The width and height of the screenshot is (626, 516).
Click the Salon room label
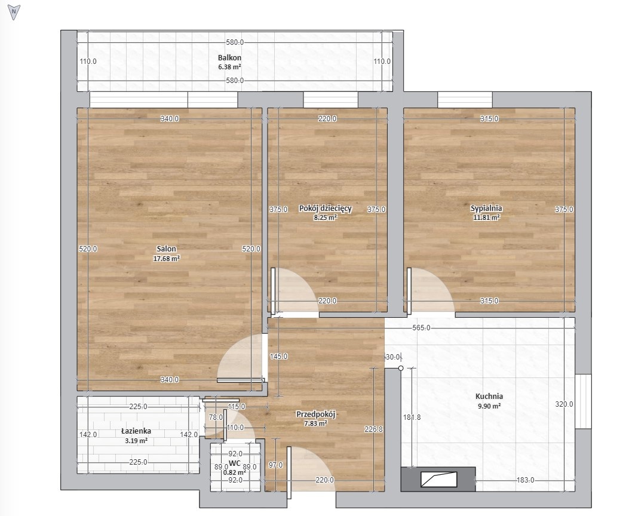coord(166,248)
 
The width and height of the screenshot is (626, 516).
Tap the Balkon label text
coord(229,57)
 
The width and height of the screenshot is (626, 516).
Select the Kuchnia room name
coord(489,397)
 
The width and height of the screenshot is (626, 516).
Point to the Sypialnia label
coord(486,208)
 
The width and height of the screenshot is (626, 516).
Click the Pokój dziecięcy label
coord(326,208)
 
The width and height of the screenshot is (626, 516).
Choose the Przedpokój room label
coord(315,414)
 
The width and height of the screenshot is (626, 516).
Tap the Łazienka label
coord(136,431)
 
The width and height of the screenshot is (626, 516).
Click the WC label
coord(234,463)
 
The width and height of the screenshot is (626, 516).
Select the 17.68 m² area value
coord(167,259)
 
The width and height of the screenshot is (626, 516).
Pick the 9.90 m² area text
coord(489,406)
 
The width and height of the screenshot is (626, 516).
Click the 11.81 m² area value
coord(487,218)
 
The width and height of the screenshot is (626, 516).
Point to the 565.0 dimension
coord(421,328)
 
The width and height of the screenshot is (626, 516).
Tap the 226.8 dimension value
coord(374,429)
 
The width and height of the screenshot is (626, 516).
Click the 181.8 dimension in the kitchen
coord(412,417)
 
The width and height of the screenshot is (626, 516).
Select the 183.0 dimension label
coord(526,480)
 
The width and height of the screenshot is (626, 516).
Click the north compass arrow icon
coord(14,13)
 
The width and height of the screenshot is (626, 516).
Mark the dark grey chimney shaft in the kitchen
coord(438,480)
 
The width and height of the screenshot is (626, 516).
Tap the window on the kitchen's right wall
coord(583,401)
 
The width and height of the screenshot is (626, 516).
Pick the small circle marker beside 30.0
coord(401,368)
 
